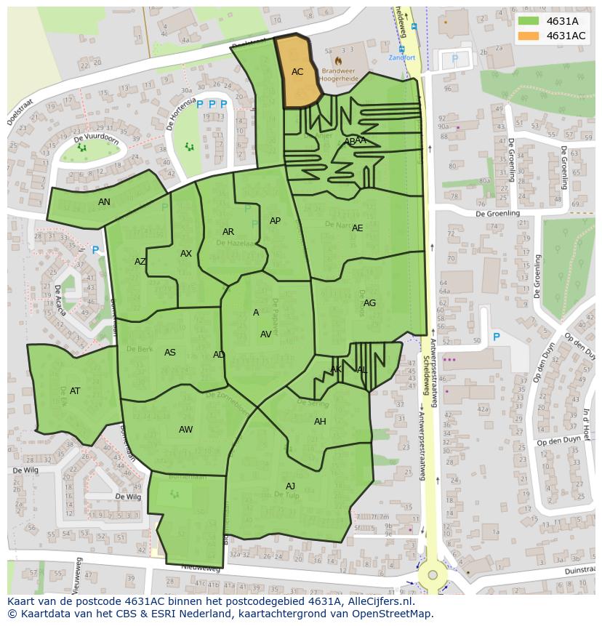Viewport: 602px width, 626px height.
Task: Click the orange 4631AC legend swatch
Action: [x=529, y=36]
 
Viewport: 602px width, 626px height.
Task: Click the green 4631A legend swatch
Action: [x=529, y=21]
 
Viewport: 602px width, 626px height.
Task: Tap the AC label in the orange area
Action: [x=297, y=72]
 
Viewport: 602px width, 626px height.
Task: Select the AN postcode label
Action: [x=104, y=202]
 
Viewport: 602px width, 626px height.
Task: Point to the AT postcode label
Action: [x=75, y=391]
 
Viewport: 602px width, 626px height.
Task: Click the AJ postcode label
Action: [x=290, y=486]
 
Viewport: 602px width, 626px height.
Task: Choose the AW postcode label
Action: [x=186, y=430]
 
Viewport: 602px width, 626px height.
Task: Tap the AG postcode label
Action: [x=369, y=303]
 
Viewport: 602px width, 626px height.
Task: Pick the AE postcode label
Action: [x=357, y=228]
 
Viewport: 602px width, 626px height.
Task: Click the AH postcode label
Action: [x=320, y=422]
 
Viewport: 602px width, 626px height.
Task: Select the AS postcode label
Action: [x=169, y=353]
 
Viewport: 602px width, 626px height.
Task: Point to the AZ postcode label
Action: [x=140, y=262]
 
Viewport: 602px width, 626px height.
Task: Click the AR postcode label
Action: [x=228, y=232]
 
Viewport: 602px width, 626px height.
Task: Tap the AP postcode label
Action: [x=275, y=221]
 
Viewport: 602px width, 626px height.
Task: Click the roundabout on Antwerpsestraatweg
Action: [x=433, y=574]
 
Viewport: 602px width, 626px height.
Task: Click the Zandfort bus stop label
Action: [x=401, y=57]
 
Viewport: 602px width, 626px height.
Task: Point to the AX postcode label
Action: [x=186, y=254]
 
